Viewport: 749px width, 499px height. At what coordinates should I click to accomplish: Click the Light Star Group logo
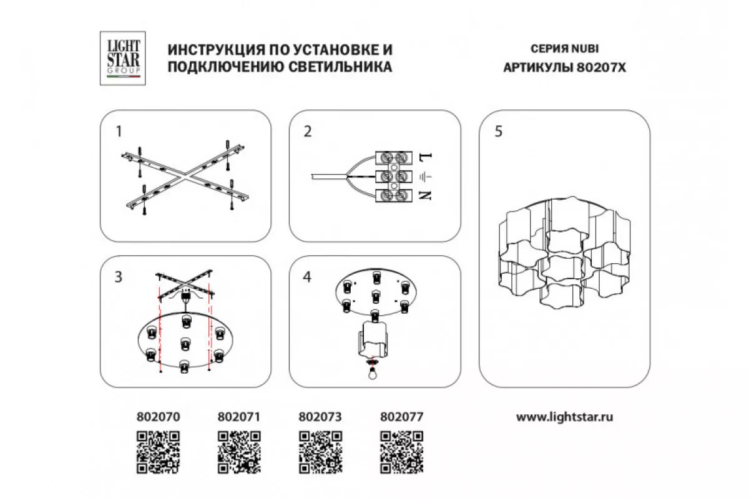[x=123, y=58]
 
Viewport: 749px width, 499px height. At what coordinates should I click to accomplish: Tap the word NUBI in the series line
[x=585, y=49]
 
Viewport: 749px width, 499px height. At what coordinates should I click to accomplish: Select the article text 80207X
[x=601, y=67]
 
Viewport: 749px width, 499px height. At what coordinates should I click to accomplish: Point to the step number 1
[x=119, y=131]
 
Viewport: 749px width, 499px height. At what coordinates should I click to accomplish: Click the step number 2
[x=308, y=131]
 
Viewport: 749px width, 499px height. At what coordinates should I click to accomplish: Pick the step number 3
[x=119, y=277]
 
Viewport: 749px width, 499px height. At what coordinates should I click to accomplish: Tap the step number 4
[x=307, y=277]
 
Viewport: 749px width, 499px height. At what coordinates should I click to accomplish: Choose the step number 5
[x=499, y=131]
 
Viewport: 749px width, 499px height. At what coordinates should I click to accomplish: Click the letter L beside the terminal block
[x=425, y=157]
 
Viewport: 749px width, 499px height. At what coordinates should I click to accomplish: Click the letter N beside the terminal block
[x=425, y=195]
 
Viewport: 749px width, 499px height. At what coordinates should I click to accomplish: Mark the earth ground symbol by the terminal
[x=425, y=176]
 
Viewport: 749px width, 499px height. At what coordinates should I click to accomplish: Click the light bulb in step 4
[x=372, y=371]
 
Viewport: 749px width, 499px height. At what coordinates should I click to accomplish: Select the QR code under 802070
[x=158, y=452]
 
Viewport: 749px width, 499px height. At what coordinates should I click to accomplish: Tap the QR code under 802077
[x=401, y=452]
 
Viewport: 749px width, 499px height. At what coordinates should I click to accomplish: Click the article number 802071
[x=239, y=417]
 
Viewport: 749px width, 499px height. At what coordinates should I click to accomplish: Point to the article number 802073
[x=320, y=417]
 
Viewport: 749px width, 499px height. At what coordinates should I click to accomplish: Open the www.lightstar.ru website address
[x=564, y=417]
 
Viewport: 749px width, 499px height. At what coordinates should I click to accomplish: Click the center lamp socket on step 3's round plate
[x=185, y=344]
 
